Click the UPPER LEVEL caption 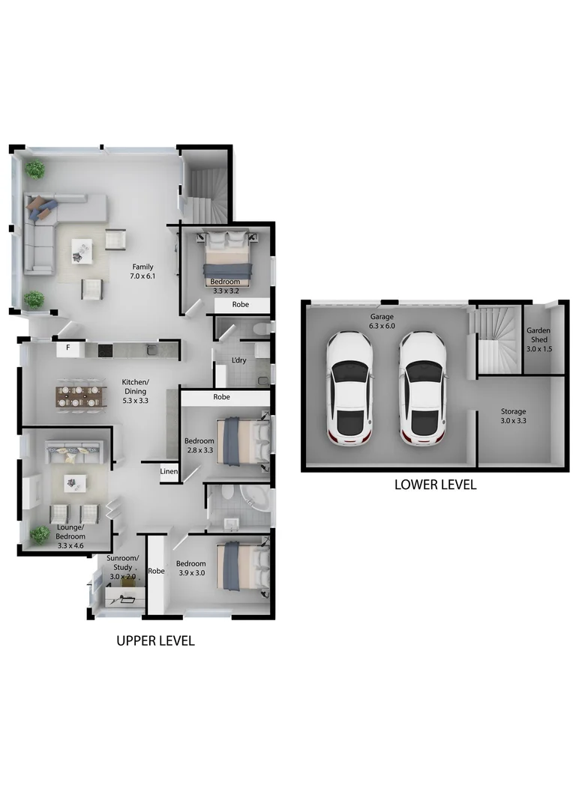coord(155,640)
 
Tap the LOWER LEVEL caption coord(435,485)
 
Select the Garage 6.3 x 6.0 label coord(381,321)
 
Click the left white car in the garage coord(349,387)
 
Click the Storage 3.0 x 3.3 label coord(514,416)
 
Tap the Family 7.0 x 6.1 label coord(142,271)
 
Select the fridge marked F coord(68,348)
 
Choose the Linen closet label coord(169,471)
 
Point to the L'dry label coord(239,360)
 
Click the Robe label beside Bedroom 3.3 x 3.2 coord(241,305)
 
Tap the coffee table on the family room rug coord(81,249)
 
